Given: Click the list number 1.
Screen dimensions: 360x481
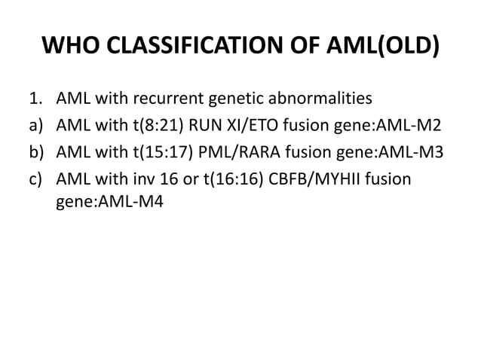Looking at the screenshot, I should [x=35, y=98].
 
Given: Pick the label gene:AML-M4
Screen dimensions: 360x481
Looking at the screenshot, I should [x=97, y=203].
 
